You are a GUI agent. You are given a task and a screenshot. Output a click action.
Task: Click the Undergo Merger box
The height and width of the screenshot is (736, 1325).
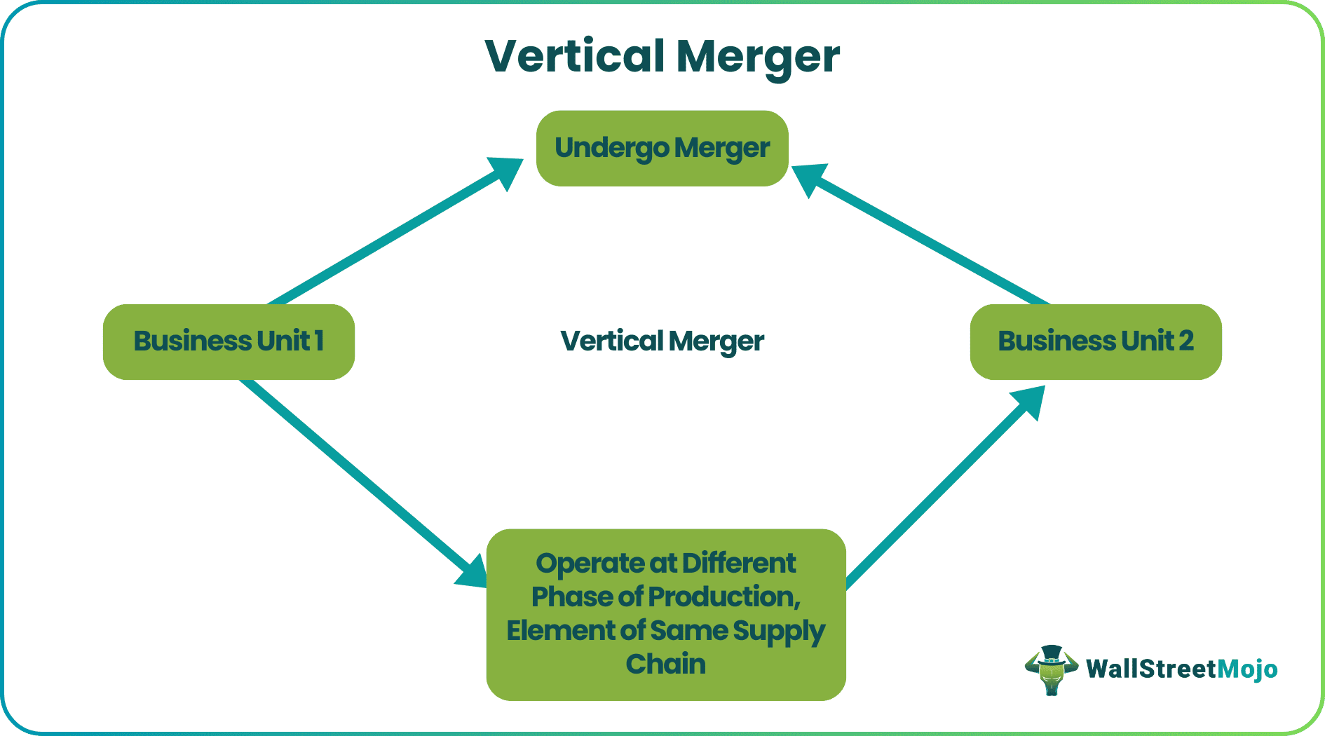[x=662, y=149]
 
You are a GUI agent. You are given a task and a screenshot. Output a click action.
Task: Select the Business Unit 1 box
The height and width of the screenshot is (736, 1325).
[x=229, y=342]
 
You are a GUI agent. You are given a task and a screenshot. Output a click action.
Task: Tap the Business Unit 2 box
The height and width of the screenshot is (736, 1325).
[x=1095, y=342]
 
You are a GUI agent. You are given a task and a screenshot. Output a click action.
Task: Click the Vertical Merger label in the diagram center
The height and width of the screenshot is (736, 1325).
[x=662, y=341]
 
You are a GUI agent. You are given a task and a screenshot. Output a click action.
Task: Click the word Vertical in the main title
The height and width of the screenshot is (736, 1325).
[x=575, y=56]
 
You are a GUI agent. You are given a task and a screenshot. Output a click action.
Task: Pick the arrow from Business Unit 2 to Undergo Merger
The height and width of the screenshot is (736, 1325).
[x=925, y=238]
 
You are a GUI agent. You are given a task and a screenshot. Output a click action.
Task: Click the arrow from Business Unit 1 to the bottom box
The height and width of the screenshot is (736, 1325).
[x=358, y=480]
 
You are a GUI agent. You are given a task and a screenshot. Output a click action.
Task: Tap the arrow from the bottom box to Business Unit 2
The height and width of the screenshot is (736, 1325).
[x=939, y=491]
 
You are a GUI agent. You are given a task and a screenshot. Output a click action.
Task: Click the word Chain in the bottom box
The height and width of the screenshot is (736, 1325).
[x=665, y=664]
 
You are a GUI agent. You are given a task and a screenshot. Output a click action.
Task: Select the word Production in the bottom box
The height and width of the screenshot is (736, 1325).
[x=723, y=597]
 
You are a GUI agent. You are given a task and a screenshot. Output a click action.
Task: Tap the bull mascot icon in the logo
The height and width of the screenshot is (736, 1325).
[x=1051, y=670]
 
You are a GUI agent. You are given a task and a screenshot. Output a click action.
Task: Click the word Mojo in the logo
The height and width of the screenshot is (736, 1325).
[x=1247, y=669]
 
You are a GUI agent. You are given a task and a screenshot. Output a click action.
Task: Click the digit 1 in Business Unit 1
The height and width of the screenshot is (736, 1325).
[x=319, y=341]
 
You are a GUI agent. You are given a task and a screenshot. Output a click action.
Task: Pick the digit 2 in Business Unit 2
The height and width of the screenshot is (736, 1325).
[x=1185, y=341]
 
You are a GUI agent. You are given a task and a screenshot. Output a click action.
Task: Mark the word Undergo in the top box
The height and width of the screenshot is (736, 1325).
[x=611, y=149]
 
